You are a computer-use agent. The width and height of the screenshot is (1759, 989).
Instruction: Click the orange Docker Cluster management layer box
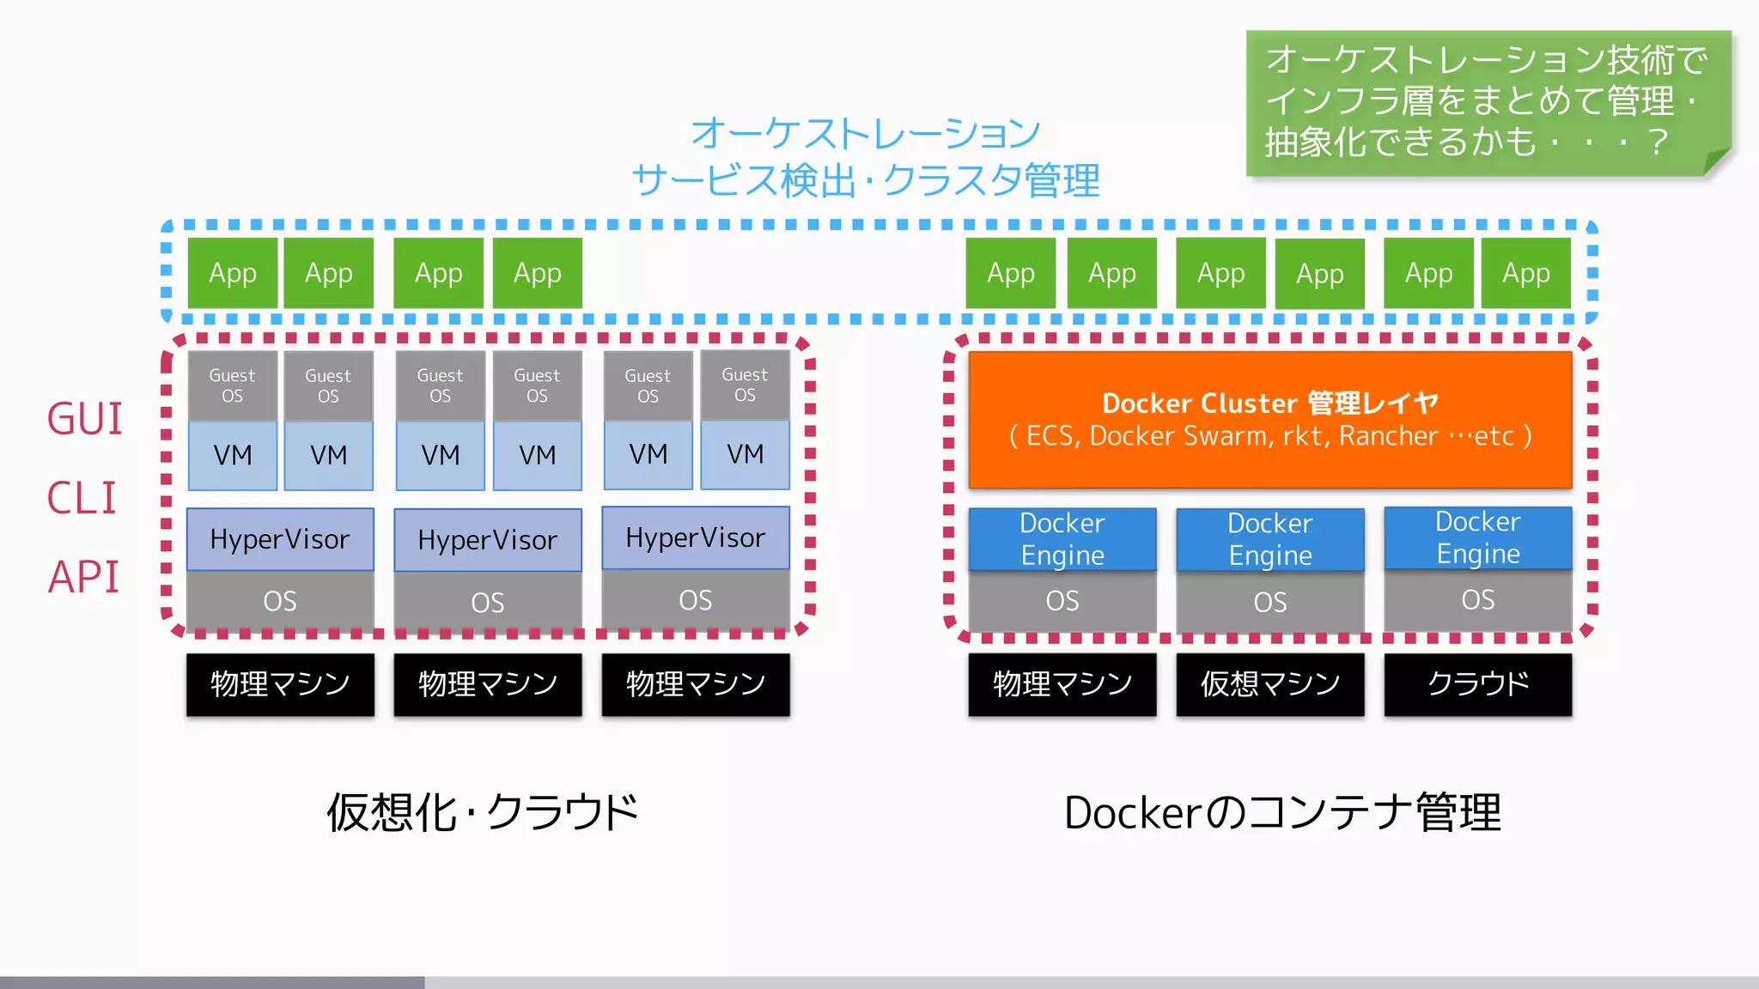point(1269,419)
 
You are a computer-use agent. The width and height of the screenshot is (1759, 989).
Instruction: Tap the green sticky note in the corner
point(1488,101)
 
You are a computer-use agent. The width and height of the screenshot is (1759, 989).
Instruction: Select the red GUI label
point(84,419)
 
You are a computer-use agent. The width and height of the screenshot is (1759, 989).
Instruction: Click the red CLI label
point(82,498)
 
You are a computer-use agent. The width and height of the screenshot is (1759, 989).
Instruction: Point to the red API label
point(83,577)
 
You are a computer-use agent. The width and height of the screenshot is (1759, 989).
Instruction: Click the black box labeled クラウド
point(1477,684)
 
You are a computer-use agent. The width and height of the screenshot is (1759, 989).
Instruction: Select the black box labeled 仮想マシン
point(1269,684)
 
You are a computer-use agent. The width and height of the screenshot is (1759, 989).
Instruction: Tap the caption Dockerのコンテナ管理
point(1282,812)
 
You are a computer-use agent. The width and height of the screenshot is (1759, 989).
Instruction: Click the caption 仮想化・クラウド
point(483,812)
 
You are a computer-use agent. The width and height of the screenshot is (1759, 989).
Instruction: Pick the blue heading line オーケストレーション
point(866,133)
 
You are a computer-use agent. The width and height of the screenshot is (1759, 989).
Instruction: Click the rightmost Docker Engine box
point(1477,537)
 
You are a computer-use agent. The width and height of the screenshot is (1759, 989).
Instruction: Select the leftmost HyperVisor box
point(280,539)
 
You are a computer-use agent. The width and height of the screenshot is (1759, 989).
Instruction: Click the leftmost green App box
point(233,273)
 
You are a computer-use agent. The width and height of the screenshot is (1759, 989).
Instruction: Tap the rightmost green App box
point(1525,273)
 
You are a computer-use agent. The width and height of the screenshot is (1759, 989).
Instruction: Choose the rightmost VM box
point(745,454)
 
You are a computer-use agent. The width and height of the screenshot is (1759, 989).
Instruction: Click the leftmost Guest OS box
point(232,385)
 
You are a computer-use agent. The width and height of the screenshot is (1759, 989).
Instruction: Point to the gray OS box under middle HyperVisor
point(487,602)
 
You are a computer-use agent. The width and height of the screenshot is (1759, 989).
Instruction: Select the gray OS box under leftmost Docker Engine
point(1062,601)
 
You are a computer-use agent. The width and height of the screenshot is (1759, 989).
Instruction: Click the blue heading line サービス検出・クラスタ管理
point(866,181)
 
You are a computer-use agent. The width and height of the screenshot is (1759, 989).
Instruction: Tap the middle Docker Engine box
point(1269,539)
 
